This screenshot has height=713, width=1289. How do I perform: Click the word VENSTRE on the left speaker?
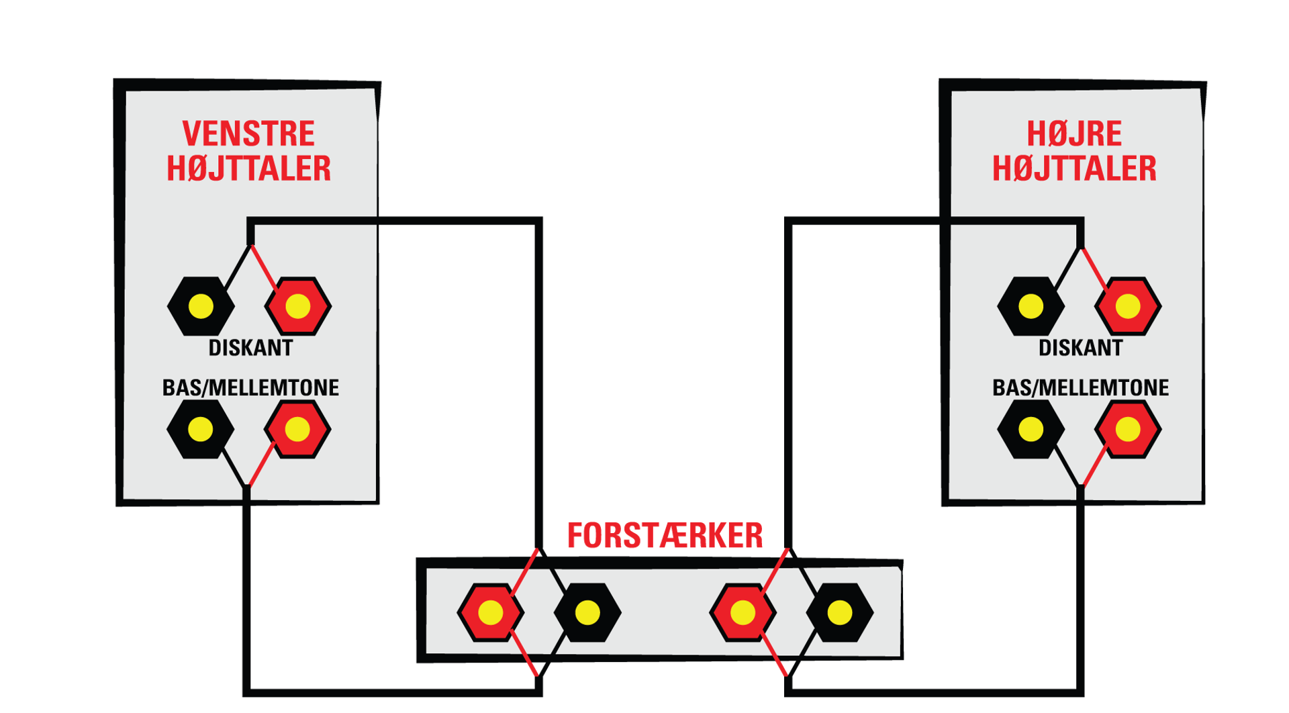click(248, 134)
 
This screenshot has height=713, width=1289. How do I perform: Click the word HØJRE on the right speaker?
click(1074, 134)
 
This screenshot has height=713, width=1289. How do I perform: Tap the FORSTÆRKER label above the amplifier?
click(665, 536)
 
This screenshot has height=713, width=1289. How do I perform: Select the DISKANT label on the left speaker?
click(250, 348)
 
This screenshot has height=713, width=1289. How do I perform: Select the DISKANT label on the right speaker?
click(1080, 348)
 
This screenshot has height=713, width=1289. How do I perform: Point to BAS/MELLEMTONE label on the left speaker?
click(250, 387)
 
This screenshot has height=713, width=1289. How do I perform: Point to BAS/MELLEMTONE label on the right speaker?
click(1080, 387)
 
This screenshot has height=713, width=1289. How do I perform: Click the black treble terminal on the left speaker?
click(201, 306)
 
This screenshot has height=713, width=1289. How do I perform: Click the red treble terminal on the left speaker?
click(298, 306)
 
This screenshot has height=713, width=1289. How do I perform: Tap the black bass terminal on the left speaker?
click(200, 429)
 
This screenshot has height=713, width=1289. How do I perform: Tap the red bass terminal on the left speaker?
click(297, 429)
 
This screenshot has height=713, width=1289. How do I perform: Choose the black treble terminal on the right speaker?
click(1031, 306)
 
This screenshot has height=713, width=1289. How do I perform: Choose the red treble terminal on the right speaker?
click(1128, 306)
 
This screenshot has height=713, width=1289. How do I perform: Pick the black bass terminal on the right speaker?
click(1031, 429)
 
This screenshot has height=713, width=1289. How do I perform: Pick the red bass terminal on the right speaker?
click(1128, 429)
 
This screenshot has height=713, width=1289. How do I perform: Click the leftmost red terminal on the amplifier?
click(491, 612)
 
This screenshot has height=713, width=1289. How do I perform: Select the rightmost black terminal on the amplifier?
click(840, 612)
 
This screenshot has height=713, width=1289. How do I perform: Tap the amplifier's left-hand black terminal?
click(587, 612)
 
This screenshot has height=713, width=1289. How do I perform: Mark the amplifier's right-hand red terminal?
click(743, 612)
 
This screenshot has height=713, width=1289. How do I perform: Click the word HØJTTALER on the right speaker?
click(1074, 169)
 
